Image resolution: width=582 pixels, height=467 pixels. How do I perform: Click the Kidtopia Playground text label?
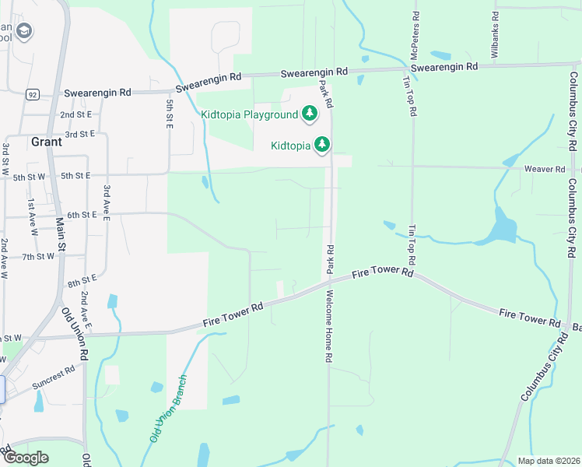[x=249, y=114]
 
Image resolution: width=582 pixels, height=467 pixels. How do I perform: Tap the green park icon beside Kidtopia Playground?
[x=310, y=114]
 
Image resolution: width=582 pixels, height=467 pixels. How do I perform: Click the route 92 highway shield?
[x=32, y=95]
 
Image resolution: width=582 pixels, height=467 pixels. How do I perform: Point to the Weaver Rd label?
[x=545, y=169]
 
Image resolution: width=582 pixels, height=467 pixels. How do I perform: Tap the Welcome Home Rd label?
[x=329, y=325]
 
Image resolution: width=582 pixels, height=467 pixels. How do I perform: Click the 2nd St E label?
[x=77, y=114]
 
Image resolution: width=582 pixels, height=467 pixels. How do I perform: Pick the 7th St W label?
[x=38, y=256]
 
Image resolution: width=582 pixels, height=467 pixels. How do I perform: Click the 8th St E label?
[x=82, y=278]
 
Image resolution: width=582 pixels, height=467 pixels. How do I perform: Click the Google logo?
[x=26, y=458]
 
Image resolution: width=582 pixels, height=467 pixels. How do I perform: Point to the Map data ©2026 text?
[x=548, y=461]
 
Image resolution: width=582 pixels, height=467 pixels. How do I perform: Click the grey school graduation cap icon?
[x=25, y=31]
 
